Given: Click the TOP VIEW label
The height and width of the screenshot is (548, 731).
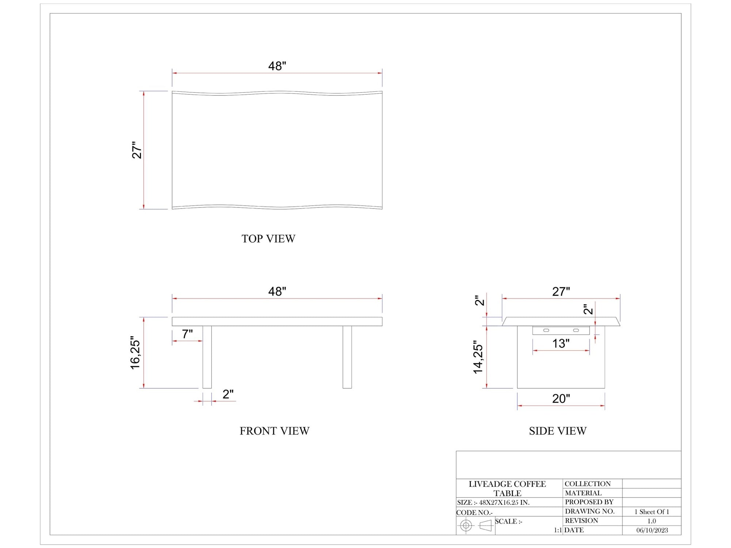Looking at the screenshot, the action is click(x=268, y=239).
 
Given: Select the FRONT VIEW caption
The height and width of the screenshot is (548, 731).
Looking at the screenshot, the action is click(x=274, y=431).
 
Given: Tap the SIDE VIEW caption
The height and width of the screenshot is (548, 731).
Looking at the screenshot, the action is click(x=558, y=431).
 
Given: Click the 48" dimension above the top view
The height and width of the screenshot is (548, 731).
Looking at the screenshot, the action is click(x=277, y=66).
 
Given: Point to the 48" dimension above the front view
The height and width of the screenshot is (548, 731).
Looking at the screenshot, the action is click(x=277, y=291).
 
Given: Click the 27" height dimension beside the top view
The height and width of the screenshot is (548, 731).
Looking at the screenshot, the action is click(x=137, y=150).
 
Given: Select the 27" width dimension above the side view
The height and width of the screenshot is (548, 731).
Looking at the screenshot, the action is click(x=561, y=292).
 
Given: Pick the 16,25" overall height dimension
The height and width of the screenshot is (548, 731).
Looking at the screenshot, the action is click(x=135, y=353).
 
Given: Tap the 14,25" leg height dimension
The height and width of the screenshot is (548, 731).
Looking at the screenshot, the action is click(x=478, y=357).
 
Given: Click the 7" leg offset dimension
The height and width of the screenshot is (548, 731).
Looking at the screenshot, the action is click(x=187, y=334).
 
